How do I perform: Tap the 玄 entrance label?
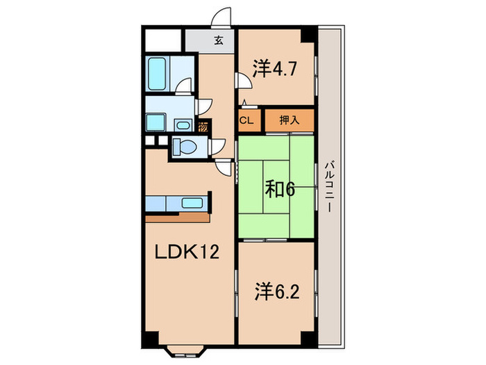tap(217, 40)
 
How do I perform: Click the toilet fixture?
tap(184, 146)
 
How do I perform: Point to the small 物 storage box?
tap(203, 127)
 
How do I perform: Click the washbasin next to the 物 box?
tap(183, 126)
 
